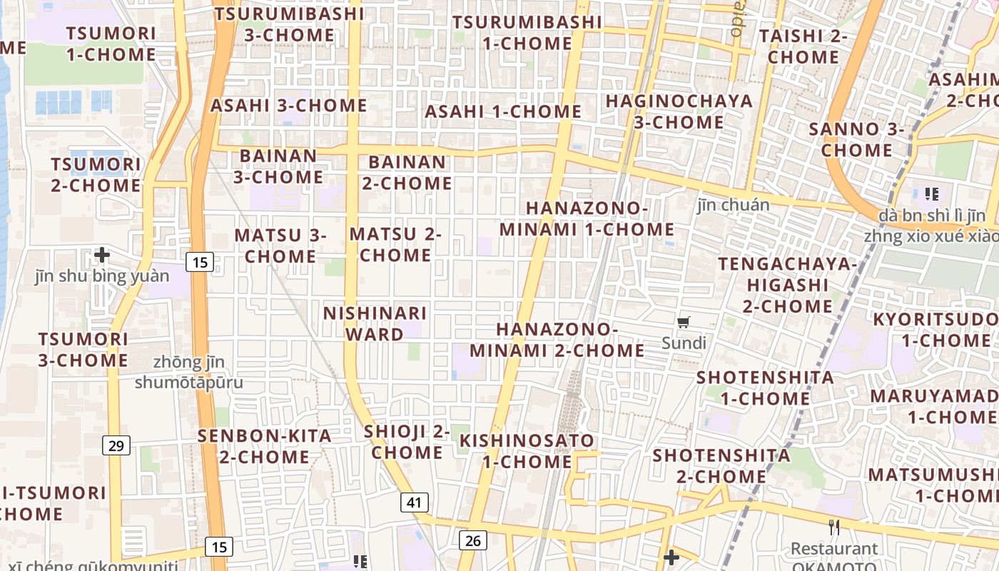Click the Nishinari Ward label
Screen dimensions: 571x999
click(x=375, y=323)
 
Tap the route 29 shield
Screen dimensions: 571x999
click(x=116, y=446)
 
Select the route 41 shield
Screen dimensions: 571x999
click(x=414, y=502)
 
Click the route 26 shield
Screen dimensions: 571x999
click(x=472, y=540)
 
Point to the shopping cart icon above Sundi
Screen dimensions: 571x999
click(x=684, y=323)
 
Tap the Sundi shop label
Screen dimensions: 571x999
click(x=684, y=343)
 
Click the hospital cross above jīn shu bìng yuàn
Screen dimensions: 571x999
click(x=102, y=254)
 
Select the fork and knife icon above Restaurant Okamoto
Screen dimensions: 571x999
click(x=833, y=527)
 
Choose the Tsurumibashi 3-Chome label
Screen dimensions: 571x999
click(x=289, y=24)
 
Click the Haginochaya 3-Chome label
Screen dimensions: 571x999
click(x=679, y=111)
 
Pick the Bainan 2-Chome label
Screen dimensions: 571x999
click(x=407, y=173)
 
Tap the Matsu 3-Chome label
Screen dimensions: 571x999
click(x=280, y=245)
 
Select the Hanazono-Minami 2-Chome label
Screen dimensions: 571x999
click(x=557, y=340)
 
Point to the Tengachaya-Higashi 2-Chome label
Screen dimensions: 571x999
click(x=787, y=285)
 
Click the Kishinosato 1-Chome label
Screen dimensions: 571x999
click(x=527, y=450)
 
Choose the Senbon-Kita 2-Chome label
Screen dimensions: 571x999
click(x=265, y=446)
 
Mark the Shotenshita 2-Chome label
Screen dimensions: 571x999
click(x=721, y=465)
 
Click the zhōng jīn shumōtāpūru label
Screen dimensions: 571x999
click(x=189, y=373)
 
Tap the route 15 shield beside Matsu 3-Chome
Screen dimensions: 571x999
click(x=200, y=262)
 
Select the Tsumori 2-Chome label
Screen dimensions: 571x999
click(x=96, y=175)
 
